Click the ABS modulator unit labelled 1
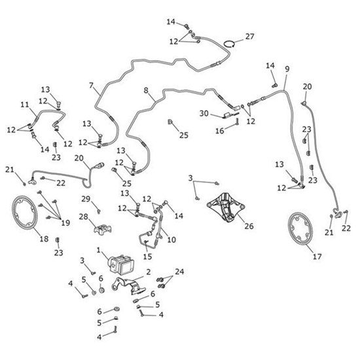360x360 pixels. click(x=122, y=264)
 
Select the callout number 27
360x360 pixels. click(x=250, y=36)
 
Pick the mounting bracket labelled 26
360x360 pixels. click(x=226, y=207)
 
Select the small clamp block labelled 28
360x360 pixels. click(x=103, y=228)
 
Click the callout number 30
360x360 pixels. click(x=204, y=113)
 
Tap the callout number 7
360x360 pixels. click(x=92, y=85)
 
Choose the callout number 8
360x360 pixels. click(x=146, y=90)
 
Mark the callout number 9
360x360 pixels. click(x=287, y=69)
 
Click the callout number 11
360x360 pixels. click(x=25, y=105)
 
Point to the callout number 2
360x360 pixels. click(x=149, y=272)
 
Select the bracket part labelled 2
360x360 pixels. click(x=128, y=285)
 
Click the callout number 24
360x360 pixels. click(x=179, y=272)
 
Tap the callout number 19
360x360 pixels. click(x=65, y=223)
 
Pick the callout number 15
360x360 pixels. click(x=147, y=257)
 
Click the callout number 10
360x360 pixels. click(x=171, y=240)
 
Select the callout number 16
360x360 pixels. click(x=220, y=131)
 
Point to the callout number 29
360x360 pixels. click(x=86, y=199)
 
